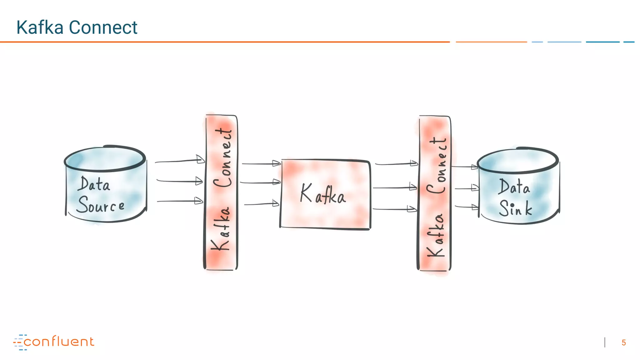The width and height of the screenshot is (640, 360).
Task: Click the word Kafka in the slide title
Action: [x=40, y=27]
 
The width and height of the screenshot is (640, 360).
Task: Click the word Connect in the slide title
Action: [x=103, y=27]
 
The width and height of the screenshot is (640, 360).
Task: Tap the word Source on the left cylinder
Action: [x=101, y=205]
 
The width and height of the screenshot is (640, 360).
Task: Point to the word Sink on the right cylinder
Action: [x=515, y=208]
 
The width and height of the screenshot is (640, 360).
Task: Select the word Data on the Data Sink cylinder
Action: [x=514, y=187]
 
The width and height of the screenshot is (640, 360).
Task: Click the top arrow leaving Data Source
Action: [x=180, y=161]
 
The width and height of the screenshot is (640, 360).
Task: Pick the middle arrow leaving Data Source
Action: [x=180, y=181]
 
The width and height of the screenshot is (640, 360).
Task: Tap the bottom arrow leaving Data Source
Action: [x=180, y=201]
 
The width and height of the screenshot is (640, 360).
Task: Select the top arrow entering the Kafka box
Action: [x=261, y=163]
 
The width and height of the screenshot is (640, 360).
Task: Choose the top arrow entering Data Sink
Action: [x=465, y=167]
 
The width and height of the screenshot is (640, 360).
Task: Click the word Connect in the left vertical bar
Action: [x=223, y=158]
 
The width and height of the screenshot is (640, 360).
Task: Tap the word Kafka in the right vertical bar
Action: [x=436, y=235]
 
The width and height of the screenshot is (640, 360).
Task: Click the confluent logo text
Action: [x=59, y=342]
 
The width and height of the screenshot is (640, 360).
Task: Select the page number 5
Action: [x=623, y=343]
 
